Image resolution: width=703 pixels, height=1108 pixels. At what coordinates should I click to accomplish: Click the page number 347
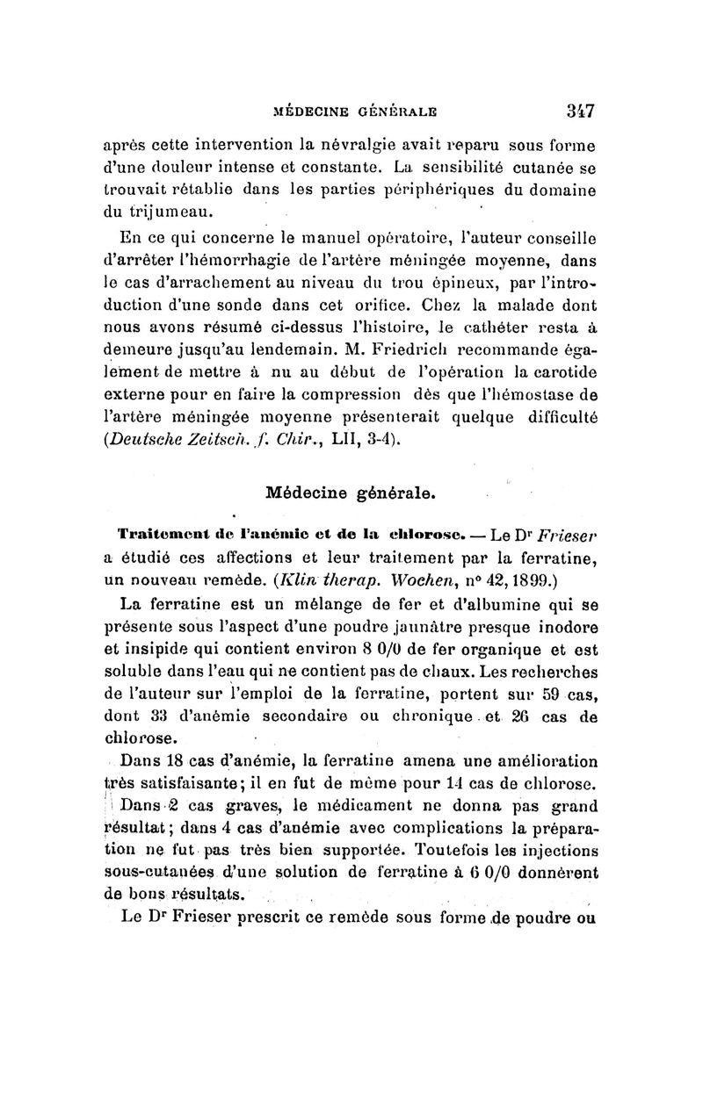[x=581, y=112]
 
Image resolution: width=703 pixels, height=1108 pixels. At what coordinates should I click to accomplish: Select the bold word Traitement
[x=155, y=536]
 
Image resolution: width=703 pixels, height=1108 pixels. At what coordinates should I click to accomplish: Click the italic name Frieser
[x=566, y=536]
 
